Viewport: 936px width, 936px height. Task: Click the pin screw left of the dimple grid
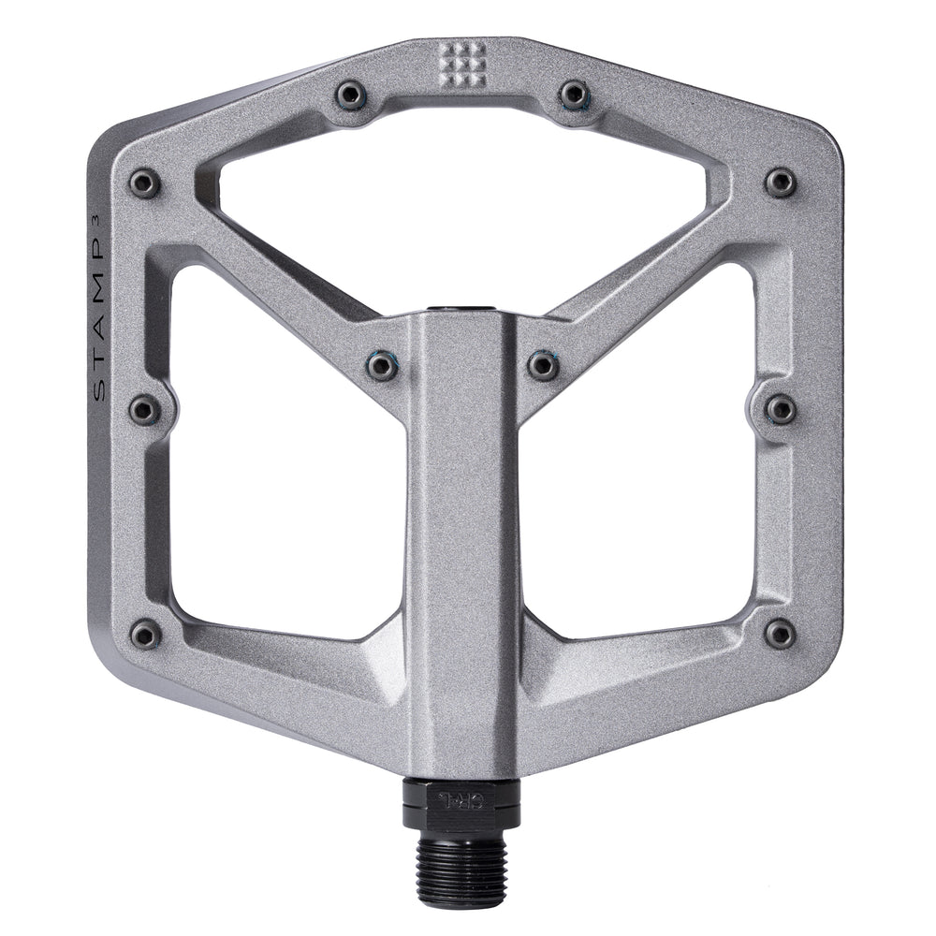point(351,93)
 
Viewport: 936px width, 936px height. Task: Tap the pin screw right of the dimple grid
point(574,93)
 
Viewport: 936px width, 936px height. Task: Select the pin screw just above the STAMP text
point(144,183)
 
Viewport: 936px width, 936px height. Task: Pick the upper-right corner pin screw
point(780,182)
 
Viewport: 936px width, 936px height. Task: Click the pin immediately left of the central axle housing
point(381,365)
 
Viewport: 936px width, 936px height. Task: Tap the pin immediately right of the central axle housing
point(544,365)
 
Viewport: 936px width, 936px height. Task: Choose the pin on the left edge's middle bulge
point(144,409)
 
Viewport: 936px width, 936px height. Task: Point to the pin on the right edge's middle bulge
point(780,408)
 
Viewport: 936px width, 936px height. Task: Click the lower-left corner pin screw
point(144,635)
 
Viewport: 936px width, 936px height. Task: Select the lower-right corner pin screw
point(780,634)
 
